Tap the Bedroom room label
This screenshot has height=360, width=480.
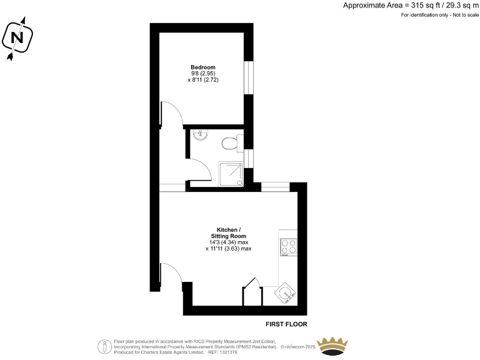point(203,67)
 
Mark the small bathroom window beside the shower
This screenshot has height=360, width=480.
point(249,159)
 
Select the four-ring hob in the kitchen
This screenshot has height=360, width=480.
point(288,247)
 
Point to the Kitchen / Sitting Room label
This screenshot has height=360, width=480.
point(228,232)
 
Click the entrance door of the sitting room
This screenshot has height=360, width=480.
point(171,275)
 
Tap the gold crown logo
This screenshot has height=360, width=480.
point(335,345)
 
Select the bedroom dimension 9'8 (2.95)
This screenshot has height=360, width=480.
point(203,74)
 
